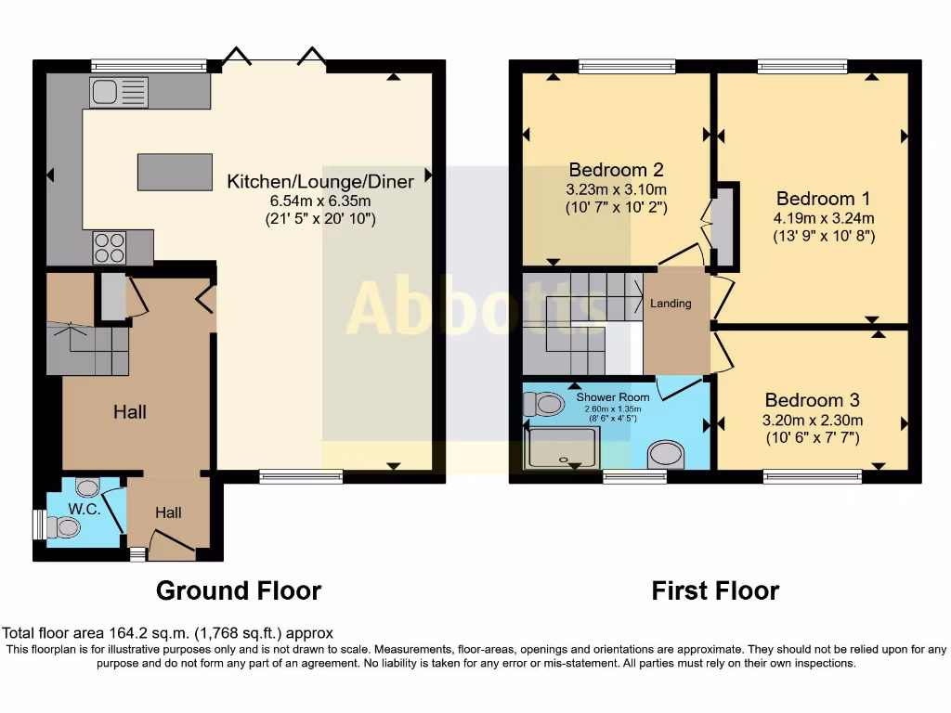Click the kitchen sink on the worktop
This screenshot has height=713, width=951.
[x=118, y=91]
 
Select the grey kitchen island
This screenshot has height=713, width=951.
[x=174, y=172]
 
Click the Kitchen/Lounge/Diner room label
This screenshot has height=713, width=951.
[x=320, y=181]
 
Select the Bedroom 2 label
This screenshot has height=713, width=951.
[x=616, y=170]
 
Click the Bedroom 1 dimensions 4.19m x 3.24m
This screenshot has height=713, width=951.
[x=824, y=218]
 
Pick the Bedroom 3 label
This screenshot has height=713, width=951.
[x=813, y=400]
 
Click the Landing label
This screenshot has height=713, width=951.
[x=670, y=304]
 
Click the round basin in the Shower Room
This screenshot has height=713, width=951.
[x=665, y=454]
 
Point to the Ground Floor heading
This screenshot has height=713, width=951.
[x=239, y=590]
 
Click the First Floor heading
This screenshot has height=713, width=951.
[x=715, y=590]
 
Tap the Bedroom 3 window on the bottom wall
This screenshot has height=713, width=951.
[x=813, y=476]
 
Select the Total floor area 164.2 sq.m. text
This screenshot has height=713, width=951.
[x=167, y=634]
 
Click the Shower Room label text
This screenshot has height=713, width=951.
[x=613, y=397]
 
